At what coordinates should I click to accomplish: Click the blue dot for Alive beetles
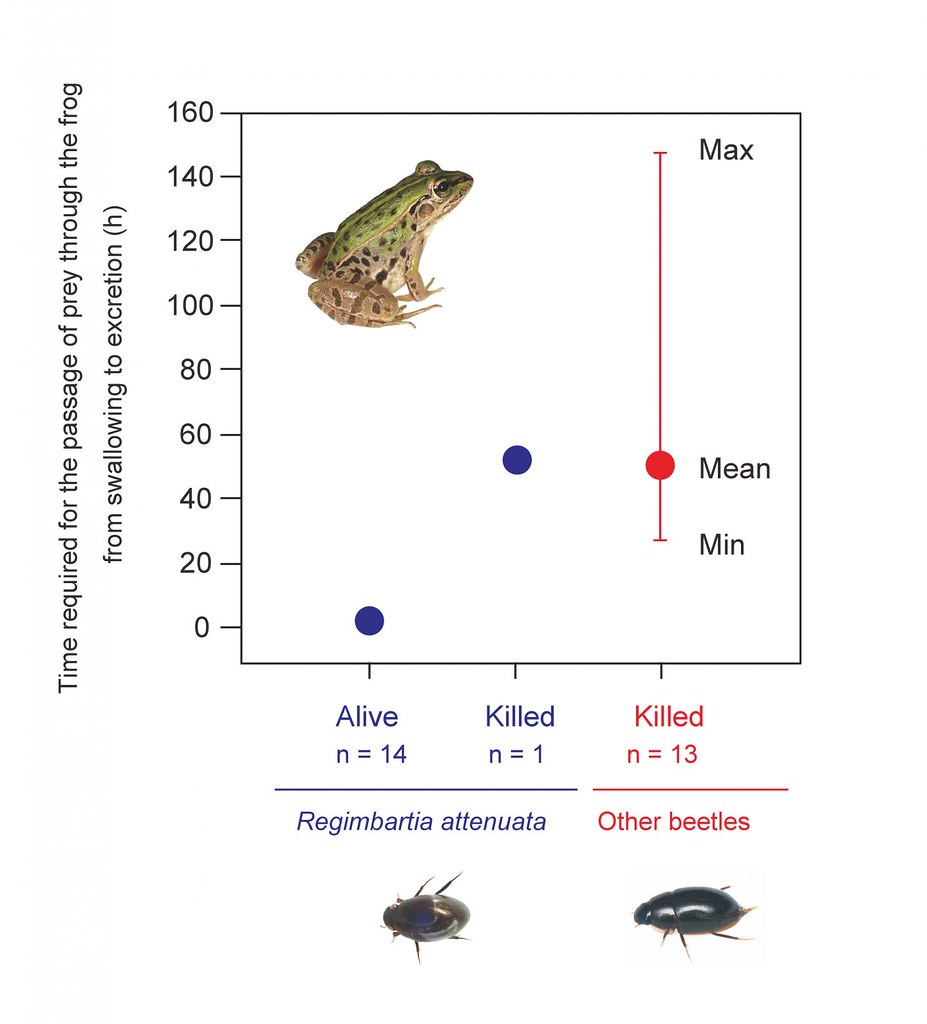click(369, 620)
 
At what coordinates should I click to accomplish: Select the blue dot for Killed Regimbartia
click(516, 460)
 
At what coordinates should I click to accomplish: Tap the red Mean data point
click(660, 465)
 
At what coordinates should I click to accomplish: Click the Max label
click(726, 151)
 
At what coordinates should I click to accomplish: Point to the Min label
click(721, 545)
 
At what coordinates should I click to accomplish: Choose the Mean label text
click(734, 468)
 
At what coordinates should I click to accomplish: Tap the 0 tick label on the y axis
click(203, 628)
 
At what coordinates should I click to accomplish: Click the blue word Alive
click(367, 717)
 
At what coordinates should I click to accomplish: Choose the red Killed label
click(669, 717)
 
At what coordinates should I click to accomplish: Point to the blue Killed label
click(519, 717)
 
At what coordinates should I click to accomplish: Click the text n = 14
click(371, 754)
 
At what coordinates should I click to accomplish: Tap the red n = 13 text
click(662, 754)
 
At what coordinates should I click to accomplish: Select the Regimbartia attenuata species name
click(421, 823)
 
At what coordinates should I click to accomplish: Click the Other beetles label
click(673, 823)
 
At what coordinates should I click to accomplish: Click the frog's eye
click(441, 186)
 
